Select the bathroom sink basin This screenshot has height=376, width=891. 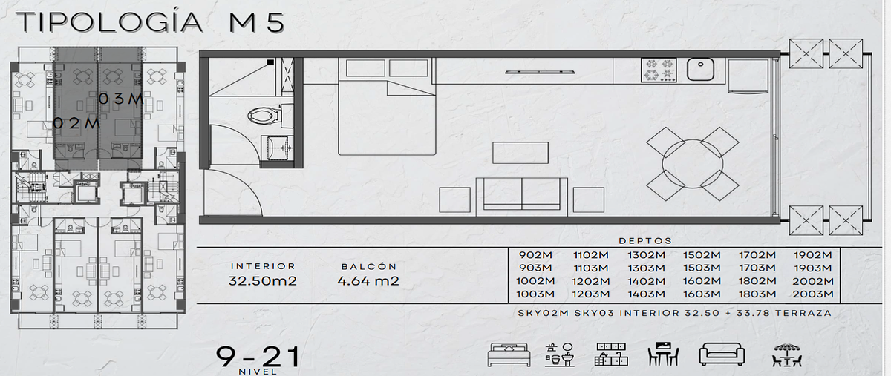click(278, 148)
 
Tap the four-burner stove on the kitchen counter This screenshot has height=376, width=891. click(659, 70)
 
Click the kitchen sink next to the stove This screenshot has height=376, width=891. click(700, 70)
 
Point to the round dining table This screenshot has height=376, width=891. click(693, 164)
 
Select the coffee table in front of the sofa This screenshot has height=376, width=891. click(520, 153)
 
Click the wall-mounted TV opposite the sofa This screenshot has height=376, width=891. click(540, 72)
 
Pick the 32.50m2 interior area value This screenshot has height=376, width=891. click(263, 281)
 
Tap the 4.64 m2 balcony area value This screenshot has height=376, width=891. click(368, 281)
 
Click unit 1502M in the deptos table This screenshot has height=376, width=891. click(702, 255)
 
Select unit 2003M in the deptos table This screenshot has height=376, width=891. click(812, 294)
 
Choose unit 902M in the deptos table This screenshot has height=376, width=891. click(535, 255)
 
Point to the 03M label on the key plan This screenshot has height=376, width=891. click(121, 99)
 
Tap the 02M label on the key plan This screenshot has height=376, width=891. click(76, 123)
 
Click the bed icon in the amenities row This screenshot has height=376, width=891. click(509, 355)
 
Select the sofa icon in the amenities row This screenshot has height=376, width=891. click(722, 354)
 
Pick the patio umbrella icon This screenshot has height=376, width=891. click(787, 354)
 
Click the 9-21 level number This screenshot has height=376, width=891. click(258, 357)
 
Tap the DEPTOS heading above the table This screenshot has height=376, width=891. click(645, 241)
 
